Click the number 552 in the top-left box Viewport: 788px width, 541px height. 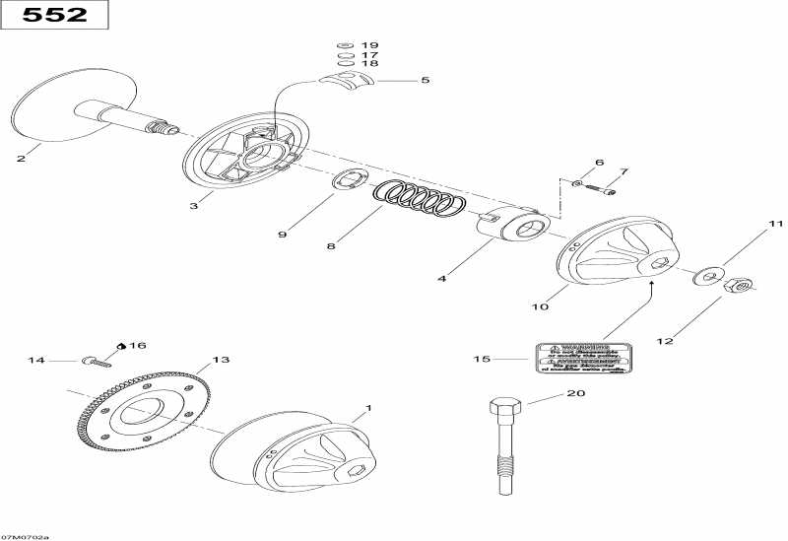click(x=54, y=16)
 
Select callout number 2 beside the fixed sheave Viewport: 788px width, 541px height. click(x=20, y=157)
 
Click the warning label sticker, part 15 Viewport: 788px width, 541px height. click(x=580, y=359)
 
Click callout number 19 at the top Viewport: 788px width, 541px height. click(x=369, y=46)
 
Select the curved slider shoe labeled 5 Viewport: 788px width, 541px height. click(x=348, y=79)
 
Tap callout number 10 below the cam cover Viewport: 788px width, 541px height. click(x=541, y=307)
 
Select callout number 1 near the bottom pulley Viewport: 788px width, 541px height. click(x=369, y=407)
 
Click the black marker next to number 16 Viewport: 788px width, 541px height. click(x=121, y=346)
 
